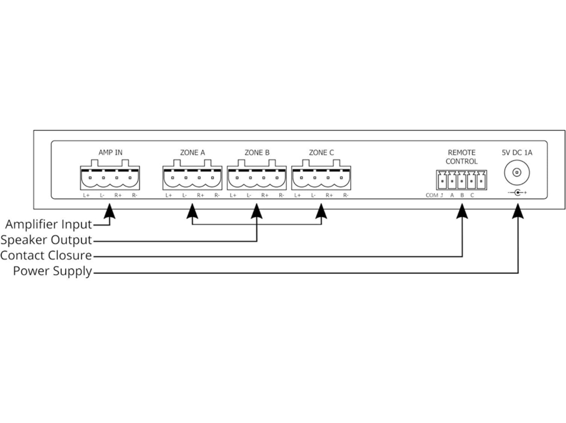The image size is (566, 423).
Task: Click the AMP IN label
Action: point(110,152)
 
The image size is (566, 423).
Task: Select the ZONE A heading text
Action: point(192,152)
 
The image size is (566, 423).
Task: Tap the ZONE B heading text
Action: point(257,152)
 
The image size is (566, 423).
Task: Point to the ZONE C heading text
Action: point(321,152)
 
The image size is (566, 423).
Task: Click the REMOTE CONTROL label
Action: point(461,156)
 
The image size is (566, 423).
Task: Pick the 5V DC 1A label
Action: point(517,152)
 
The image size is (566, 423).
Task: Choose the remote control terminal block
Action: point(461,179)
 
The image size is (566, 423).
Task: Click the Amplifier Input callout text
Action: point(48,224)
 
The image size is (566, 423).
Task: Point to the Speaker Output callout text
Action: point(46,240)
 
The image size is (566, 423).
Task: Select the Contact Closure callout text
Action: point(46,256)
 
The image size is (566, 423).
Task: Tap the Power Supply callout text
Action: point(53,272)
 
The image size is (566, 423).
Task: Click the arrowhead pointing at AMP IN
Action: point(110,212)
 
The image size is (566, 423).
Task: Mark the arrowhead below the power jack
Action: point(518,212)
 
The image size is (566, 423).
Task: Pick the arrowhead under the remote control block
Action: point(462,212)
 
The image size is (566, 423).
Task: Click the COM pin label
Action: point(431,196)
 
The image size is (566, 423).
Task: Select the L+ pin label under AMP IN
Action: point(87,195)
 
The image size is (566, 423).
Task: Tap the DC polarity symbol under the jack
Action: point(517,193)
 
